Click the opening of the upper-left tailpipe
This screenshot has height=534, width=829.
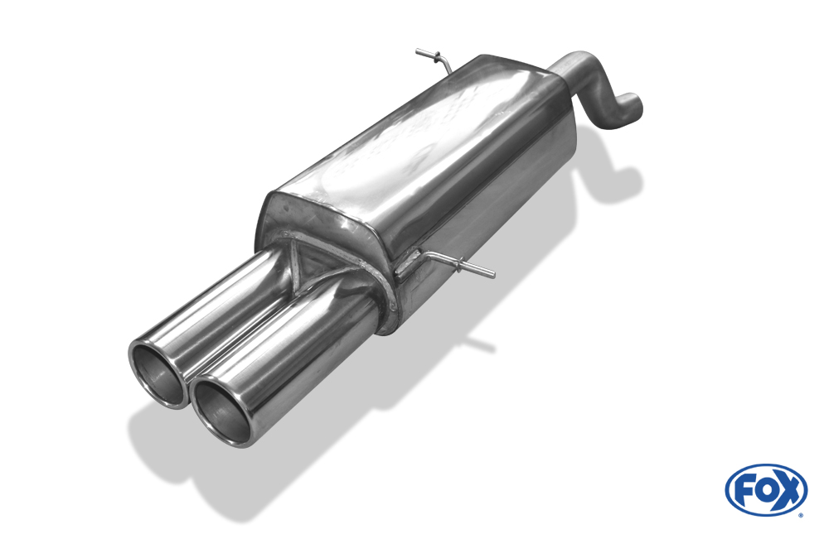[157, 374]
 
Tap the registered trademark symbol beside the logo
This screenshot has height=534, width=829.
[802, 514]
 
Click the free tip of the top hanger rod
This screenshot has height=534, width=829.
[418, 52]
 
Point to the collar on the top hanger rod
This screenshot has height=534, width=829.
[437, 56]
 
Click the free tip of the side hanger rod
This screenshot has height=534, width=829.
[492, 275]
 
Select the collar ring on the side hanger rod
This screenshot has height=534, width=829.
[462, 263]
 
